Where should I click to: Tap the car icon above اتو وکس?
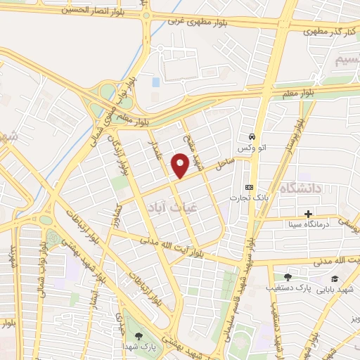point(252,136)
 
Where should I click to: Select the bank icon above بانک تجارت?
point(248,187)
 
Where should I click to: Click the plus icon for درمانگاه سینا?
point(308,214)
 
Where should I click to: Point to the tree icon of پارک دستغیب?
point(287,277)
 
